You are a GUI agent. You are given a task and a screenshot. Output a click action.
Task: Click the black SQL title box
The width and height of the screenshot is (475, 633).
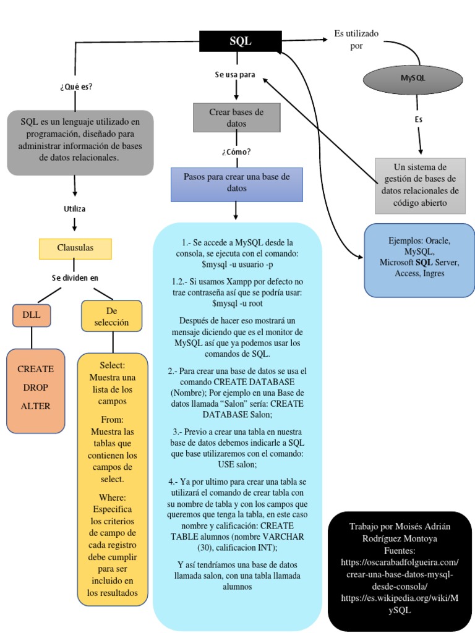point(241,41)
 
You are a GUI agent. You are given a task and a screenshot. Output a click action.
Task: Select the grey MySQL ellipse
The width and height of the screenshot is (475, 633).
point(413,79)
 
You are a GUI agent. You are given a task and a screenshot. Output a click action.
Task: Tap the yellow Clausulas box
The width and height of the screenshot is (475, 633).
point(75,248)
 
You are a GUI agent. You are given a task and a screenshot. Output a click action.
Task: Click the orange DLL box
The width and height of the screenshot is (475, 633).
point(32,315)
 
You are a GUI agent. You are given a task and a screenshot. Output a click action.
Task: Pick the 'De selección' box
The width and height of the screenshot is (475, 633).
point(112,315)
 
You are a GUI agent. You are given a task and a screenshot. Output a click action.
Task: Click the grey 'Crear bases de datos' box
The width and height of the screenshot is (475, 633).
point(236,117)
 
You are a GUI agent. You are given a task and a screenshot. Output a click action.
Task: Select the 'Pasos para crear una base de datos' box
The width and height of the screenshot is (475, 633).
point(237,184)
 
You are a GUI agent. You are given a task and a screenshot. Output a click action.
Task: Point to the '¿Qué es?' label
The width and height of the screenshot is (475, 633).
point(76,87)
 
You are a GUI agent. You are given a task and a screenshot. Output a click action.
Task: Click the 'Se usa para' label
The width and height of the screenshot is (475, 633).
point(235,75)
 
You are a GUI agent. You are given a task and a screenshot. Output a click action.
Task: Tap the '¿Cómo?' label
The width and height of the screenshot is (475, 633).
point(236,151)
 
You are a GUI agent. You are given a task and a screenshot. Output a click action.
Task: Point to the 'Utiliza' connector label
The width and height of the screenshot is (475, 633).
point(75,209)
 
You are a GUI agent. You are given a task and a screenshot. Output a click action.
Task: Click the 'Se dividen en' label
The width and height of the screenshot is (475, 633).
point(75,278)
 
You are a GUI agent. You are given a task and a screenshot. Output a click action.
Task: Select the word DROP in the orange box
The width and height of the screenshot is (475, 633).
point(35,388)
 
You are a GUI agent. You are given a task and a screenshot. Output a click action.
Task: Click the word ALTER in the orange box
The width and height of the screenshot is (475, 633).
point(35,406)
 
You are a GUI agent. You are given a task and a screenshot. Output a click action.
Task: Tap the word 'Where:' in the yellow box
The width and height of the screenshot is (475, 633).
point(112,497)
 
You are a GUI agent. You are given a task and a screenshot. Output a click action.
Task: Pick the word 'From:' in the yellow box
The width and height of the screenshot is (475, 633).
point(112,419)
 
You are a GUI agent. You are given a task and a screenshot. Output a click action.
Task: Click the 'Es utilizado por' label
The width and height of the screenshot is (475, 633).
point(356,39)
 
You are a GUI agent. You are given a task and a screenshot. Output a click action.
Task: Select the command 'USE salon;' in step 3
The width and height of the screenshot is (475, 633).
point(237,464)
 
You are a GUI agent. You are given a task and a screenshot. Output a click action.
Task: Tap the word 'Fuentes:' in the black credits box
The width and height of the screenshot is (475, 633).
point(400,550)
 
